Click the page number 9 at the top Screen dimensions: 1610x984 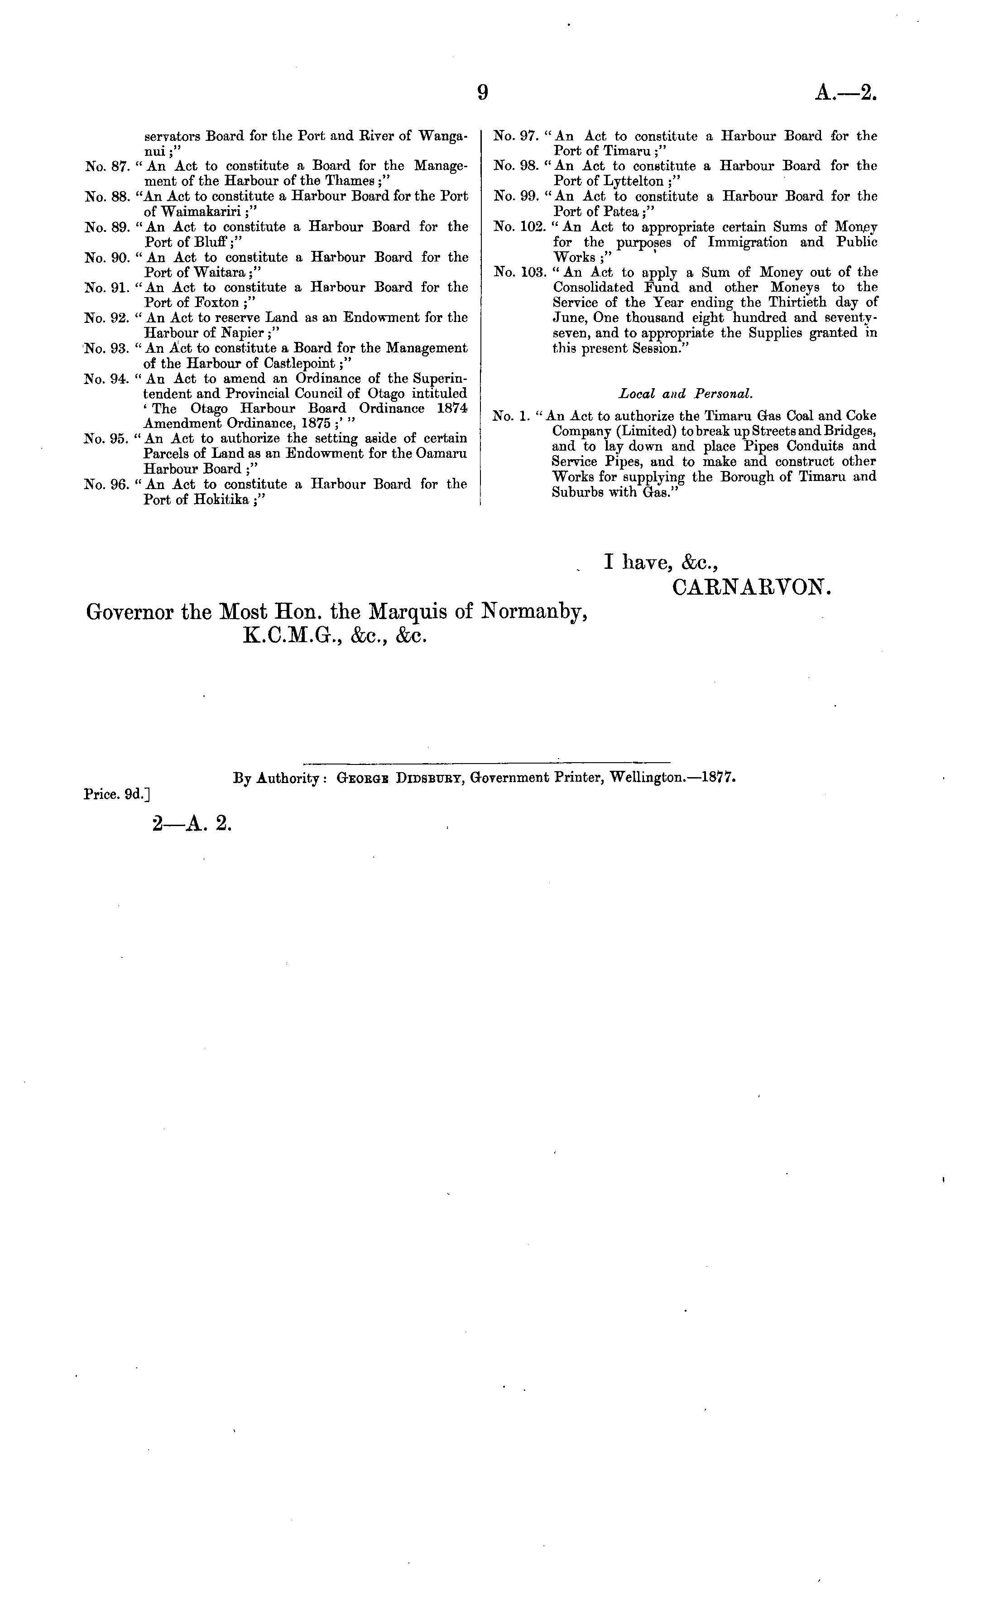(482, 93)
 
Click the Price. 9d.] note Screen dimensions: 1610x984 (118, 794)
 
